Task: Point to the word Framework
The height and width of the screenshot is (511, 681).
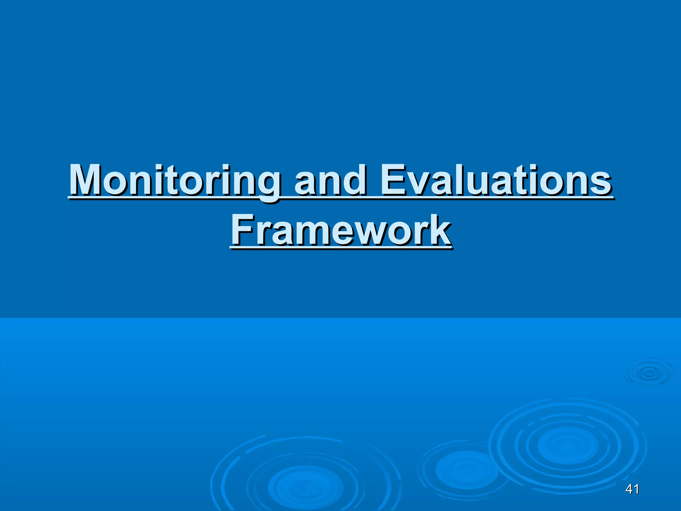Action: click(x=341, y=230)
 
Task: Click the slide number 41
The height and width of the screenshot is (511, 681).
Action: click(x=632, y=489)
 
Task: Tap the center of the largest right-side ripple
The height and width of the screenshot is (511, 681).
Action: click(x=567, y=446)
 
